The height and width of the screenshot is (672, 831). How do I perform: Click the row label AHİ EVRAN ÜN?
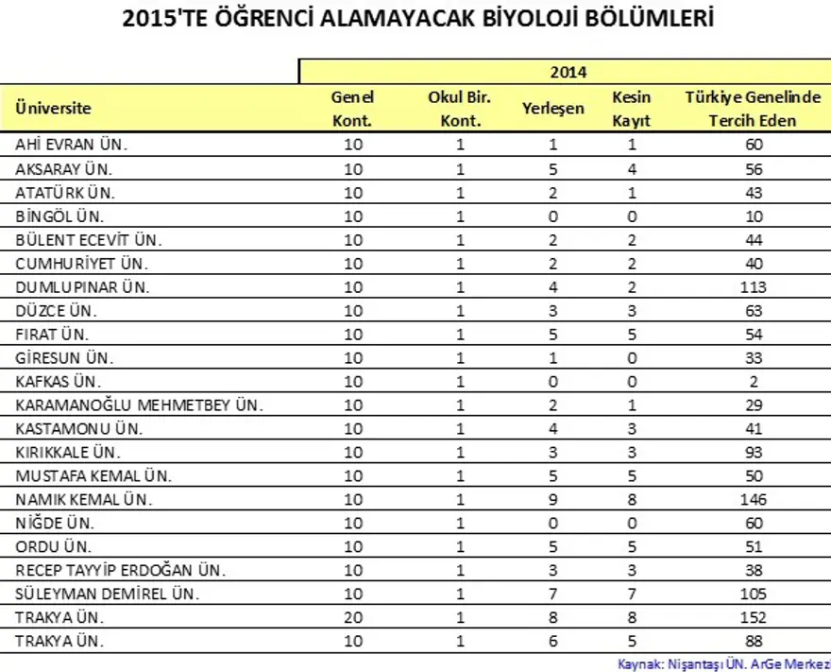point(71,145)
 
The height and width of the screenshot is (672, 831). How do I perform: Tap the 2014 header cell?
point(568,71)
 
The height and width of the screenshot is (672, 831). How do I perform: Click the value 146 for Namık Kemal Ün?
point(754,499)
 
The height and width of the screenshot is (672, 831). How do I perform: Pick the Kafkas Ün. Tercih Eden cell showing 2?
point(754,381)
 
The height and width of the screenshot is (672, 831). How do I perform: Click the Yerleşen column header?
point(552,109)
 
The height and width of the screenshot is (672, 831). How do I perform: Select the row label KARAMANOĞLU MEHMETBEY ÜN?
point(139,405)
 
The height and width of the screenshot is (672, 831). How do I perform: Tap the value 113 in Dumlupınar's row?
point(754,286)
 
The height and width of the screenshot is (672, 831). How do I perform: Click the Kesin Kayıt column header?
point(632,109)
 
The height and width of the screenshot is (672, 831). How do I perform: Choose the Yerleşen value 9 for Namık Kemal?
point(552,499)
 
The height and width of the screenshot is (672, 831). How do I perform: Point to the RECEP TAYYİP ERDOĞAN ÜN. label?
point(120,570)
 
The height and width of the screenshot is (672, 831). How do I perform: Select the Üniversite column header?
point(53,109)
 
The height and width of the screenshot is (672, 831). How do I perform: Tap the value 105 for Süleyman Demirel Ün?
point(754,594)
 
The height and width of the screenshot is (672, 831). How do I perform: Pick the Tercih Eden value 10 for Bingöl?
point(754,215)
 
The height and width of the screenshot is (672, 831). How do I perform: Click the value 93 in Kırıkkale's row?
point(754,452)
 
